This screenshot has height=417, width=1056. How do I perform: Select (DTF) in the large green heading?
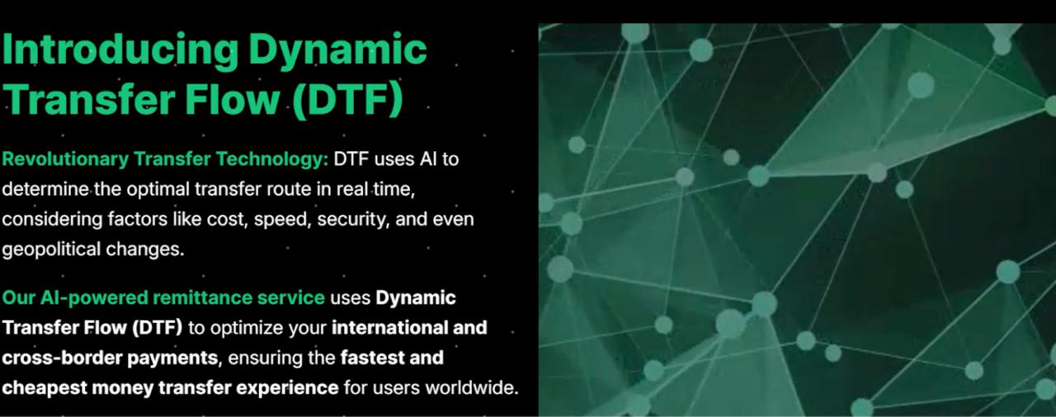346,99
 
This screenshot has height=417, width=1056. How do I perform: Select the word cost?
223,220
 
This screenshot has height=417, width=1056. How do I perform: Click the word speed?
281,220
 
